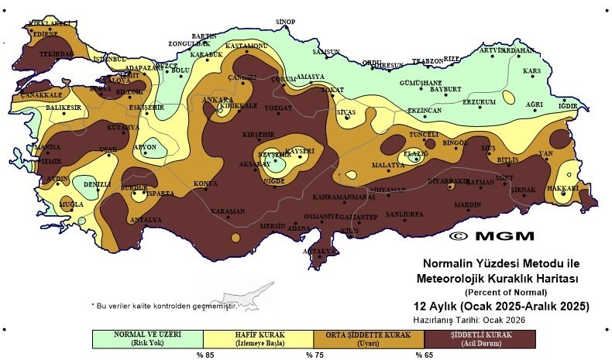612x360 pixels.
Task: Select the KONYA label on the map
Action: click(x=205, y=183)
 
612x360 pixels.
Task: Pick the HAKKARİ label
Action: click(x=568, y=187)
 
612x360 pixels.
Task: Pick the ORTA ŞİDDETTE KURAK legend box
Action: click(x=370, y=338)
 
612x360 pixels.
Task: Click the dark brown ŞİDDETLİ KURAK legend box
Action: click(x=481, y=338)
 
